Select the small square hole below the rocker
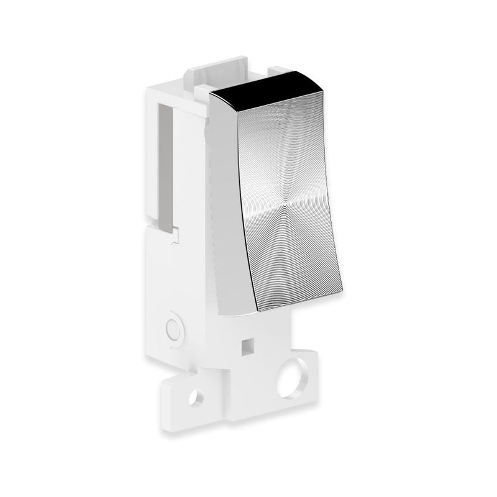248,343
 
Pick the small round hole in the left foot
197,395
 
